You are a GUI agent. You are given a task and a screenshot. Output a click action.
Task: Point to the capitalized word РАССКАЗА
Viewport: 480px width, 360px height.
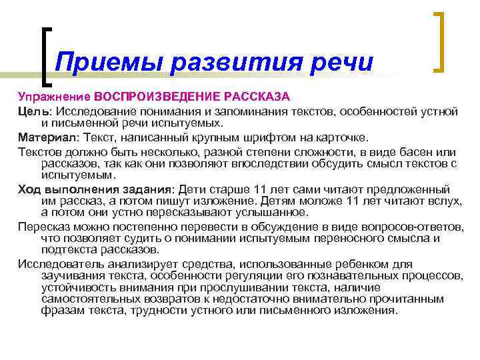(256, 96)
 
